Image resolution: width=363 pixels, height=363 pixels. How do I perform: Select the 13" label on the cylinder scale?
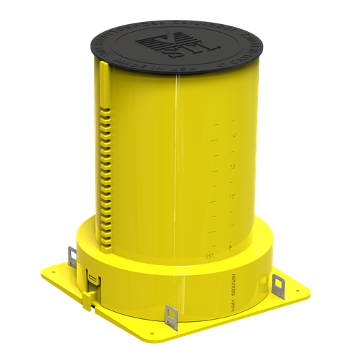(232, 167)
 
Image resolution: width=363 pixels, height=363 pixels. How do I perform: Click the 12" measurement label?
(231, 196)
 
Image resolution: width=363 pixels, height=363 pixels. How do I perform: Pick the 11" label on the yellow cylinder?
(231, 226)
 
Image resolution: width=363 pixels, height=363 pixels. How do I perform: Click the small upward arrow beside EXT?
(230, 247)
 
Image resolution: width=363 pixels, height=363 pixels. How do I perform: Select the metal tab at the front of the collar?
(171, 316)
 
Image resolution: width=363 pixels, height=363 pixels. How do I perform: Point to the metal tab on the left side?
(72, 256)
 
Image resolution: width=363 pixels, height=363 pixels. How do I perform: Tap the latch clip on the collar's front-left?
(91, 281)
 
